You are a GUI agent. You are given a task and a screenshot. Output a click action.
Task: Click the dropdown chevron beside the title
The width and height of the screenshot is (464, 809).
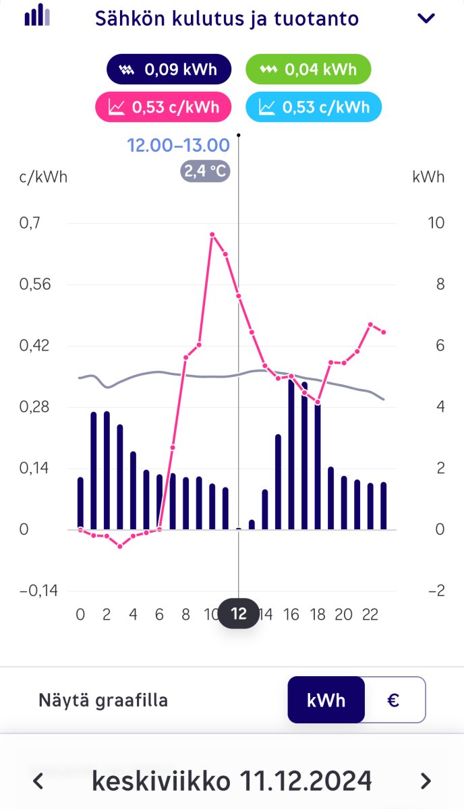(426, 18)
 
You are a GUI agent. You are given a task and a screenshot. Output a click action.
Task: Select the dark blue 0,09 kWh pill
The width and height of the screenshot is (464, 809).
(169, 69)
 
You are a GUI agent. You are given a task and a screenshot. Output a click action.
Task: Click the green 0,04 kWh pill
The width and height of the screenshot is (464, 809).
(308, 69)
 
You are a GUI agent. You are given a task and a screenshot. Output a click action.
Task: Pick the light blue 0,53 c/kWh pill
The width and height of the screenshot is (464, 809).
(314, 107)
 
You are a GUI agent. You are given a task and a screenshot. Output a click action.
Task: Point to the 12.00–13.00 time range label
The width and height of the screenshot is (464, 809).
(178, 144)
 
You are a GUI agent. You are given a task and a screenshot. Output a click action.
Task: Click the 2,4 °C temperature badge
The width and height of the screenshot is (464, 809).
(205, 171)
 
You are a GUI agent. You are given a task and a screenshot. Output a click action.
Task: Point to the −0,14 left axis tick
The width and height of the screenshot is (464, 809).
(38, 591)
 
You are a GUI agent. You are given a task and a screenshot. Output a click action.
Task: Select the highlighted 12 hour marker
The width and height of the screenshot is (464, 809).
(239, 614)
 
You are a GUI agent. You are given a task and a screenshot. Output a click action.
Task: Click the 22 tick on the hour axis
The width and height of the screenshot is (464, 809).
(370, 614)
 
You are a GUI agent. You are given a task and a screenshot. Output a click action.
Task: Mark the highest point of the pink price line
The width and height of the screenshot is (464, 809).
(212, 235)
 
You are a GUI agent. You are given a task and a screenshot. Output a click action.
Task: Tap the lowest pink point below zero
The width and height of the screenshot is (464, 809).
(120, 546)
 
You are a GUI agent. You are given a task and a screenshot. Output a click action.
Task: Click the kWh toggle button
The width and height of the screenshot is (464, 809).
(326, 700)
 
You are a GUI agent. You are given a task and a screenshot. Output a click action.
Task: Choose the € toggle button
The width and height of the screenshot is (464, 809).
(395, 700)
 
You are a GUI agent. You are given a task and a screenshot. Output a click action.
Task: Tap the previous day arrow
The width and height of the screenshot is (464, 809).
(38, 781)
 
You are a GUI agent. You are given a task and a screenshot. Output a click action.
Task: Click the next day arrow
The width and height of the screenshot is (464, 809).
(426, 781)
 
